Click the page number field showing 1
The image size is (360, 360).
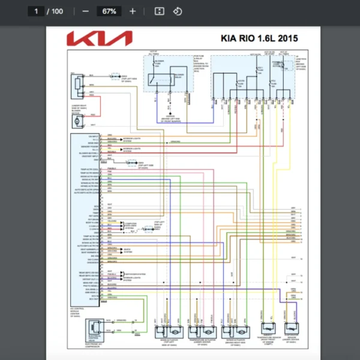tap(37, 11)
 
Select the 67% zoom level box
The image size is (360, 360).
tap(109, 11)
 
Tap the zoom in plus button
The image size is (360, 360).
tap(133, 11)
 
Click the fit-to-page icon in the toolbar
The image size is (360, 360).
tap(160, 11)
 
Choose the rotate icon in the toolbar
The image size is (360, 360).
tap(177, 11)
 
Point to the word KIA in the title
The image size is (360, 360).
tap(237, 39)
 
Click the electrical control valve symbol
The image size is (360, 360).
tap(95, 328)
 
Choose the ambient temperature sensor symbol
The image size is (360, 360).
tap(291, 331)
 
